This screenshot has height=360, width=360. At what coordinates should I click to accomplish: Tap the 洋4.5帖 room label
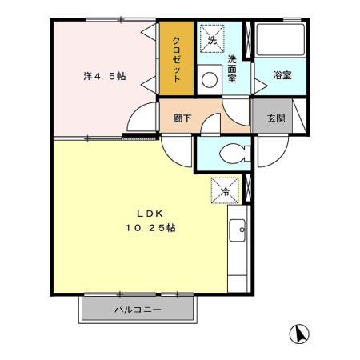click(x=105, y=77)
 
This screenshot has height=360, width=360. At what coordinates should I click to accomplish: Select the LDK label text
click(x=149, y=214)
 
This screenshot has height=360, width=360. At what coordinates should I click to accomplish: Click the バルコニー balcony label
click(x=137, y=310)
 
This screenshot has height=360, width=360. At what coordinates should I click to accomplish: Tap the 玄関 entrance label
click(x=275, y=118)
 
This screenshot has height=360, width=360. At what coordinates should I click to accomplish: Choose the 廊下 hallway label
click(x=183, y=118)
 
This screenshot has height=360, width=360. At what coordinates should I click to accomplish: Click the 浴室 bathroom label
click(x=282, y=76)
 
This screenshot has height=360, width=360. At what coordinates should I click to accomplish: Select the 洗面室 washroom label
click(x=232, y=69)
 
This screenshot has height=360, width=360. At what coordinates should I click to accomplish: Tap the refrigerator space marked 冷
click(x=226, y=191)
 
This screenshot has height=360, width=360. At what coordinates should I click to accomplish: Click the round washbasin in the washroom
click(x=210, y=79)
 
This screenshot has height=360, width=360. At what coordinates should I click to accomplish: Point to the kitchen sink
click(x=238, y=233)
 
